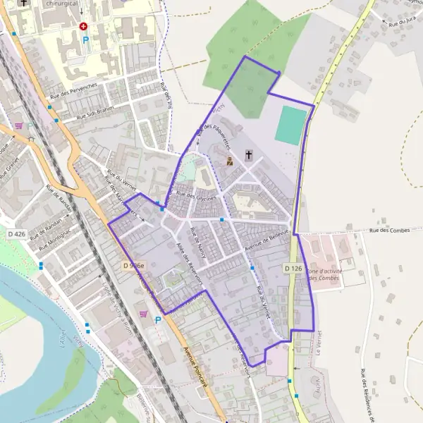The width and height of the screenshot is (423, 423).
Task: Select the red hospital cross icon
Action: coord(84,26)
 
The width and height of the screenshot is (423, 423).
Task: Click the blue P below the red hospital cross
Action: coord(86,40)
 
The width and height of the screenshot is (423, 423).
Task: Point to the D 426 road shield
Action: coord(16,234)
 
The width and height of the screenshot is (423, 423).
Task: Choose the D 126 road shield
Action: coord(293,269)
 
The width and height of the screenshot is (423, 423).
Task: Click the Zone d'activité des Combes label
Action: coord(325,275)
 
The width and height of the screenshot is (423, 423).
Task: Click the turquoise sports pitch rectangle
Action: coord(292,125)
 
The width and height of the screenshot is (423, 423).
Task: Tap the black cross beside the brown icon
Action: coord(248,154)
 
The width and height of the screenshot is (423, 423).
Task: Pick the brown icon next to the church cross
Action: coord(230,161)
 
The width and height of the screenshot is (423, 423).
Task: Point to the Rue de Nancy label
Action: coord(199,242)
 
